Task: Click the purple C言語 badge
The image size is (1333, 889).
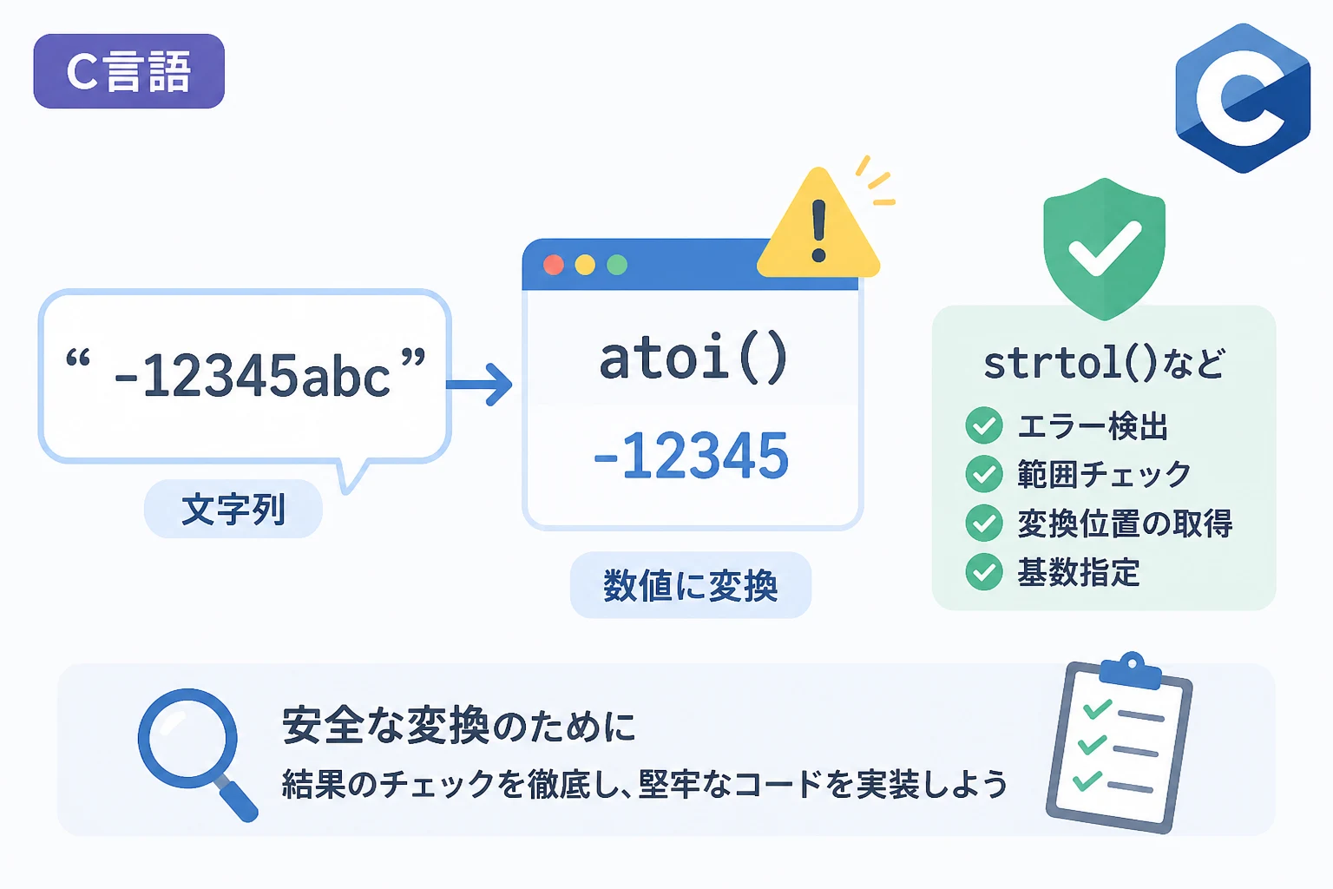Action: pos(128,71)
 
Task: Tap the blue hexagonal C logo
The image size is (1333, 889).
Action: pos(1243,98)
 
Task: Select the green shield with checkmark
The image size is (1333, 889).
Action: pos(1105,248)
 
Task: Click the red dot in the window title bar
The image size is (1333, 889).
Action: pos(554,265)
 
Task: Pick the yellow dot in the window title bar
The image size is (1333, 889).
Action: pos(585,265)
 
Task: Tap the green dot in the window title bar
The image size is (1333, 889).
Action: pos(617,265)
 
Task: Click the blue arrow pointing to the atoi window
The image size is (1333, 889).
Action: pos(479,385)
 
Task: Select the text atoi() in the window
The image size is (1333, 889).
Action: pos(693,359)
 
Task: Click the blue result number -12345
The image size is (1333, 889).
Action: pos(692,456)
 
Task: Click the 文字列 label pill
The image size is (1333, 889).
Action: pos(233,509)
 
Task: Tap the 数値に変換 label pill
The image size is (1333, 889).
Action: pos(690,585)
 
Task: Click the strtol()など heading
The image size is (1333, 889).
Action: pos(1105,364)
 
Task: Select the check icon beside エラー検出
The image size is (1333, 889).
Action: pos(983,425)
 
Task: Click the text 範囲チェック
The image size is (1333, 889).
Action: pos(1104,475)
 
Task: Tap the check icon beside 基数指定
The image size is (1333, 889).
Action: pos(983,572)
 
